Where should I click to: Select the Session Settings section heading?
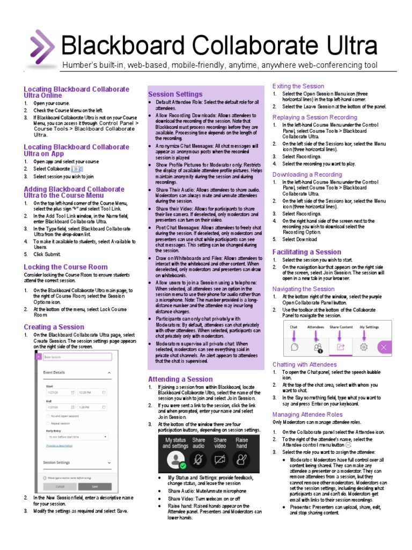pyautogui.click(x=175, y=94)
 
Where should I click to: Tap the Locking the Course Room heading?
pyautogui.click(x=65, y=267)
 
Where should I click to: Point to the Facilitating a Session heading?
pyautogui.click(x=306, y=252)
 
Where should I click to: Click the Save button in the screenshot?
pyautogui.click(x=95, y=487)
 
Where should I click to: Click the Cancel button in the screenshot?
pyautogui.click(x=60, y=487)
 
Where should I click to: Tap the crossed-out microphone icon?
pyautogui.click(x=198, y=460)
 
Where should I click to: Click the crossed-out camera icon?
pyautogui.click(x=219, y=460)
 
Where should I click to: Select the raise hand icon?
pyautogui.click(x=242, y=460)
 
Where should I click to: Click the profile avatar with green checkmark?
pyautogui.click(x=175, y=460)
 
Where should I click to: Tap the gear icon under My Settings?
pyautogui.click(x=364, y=347)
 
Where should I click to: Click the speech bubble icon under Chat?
pyautogui.click(x=294, y=347)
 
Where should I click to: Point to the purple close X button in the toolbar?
pyautogui.click(x=398, y=347)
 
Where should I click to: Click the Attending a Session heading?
pyautogui.click(x=180, y=379)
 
